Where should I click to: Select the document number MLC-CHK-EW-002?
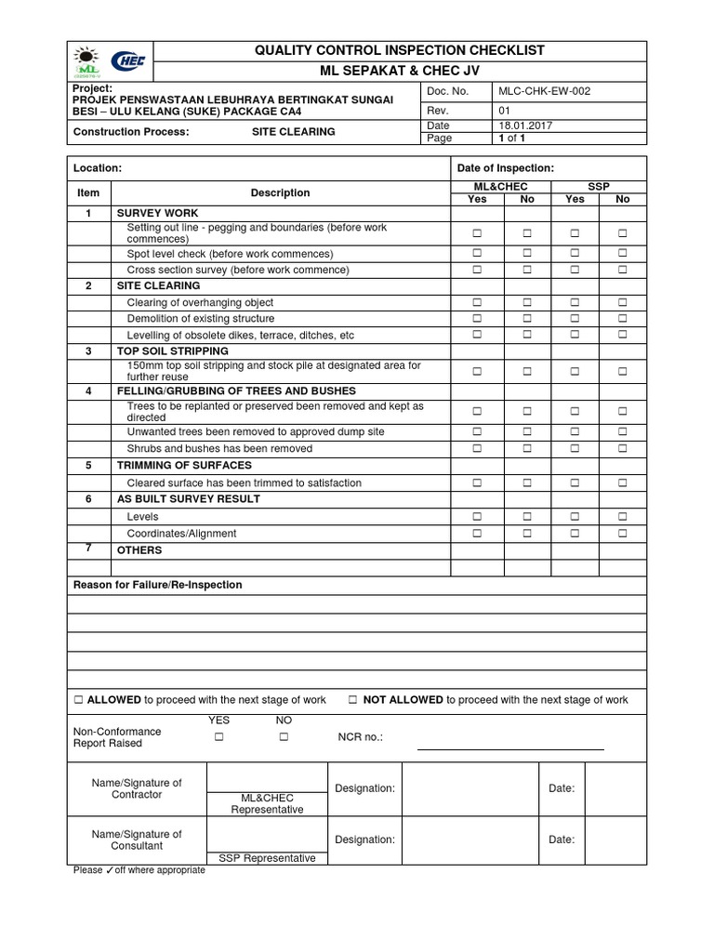(544, 91)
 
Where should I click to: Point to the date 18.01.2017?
(524, 125)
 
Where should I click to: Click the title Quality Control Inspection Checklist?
(400, 50)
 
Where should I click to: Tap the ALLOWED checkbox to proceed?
(79, 700)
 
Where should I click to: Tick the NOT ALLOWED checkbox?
(354, 700)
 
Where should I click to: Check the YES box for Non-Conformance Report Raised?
(219, 737)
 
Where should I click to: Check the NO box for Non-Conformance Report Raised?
(284, 737)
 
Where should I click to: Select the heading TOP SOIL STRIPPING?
(172, 351)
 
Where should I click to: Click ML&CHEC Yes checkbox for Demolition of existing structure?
(477, 319)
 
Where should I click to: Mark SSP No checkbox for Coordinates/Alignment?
(622, 534)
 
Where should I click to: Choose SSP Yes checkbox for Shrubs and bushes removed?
(575, 449)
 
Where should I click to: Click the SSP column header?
(599, 187)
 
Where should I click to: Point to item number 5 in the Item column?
(88, 466)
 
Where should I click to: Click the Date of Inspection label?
(505, 168)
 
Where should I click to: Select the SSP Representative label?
(267, 858)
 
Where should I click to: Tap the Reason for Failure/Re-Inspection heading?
(157, 585)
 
